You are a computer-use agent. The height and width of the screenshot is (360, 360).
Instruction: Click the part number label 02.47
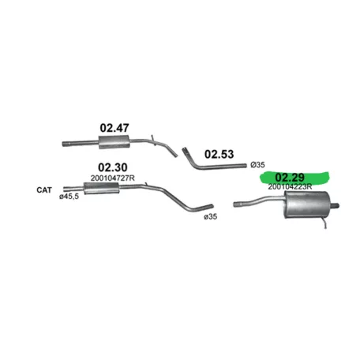pyautogui.click(x=114, y=128)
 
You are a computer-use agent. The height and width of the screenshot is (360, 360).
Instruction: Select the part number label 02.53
pyautogui.click(x=219, y=154)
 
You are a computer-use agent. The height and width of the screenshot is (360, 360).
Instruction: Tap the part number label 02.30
pyautogui.click(x=113, y=167)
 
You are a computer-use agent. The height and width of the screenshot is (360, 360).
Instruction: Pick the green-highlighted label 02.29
pyautogui.click(x=290, y=178)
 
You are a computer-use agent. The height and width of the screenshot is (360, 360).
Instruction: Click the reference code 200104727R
pyautogui.click(x=113, y=178)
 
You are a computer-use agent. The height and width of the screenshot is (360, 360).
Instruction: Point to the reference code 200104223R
pyautogui.click(x=290, y=186)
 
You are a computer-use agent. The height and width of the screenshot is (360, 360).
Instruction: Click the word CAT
pyautogui.click(x=44, y=190)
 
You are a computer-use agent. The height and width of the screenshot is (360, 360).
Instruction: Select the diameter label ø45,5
pyautogui.click(x=69, y=197)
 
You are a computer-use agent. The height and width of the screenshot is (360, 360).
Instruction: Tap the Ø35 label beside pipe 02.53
pyautogui.click(x=257, y=165)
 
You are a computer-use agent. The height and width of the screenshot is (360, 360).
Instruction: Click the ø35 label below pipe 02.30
pyautogui.click(x=211, y=216)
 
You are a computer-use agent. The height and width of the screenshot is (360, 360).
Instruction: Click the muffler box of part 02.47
pyautogui.click(x=114, y=142)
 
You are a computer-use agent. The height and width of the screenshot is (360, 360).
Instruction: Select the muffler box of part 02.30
pyautogui.click(x=102, y=188)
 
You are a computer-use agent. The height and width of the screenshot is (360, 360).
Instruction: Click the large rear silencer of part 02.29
pyautogui.click(x=307, y=204)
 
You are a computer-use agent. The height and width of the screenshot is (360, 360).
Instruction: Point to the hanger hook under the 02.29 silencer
pyautogui.click(x=324, y=223)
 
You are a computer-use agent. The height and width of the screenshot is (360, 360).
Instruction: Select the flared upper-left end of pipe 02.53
pyautogui.click(x=185, y=151)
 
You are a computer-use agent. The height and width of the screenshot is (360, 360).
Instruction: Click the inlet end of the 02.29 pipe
pyautogui.click(x=236, y=204)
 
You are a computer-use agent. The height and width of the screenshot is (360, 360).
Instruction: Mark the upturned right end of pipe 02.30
pyautogui.click(x=208, y=206)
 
